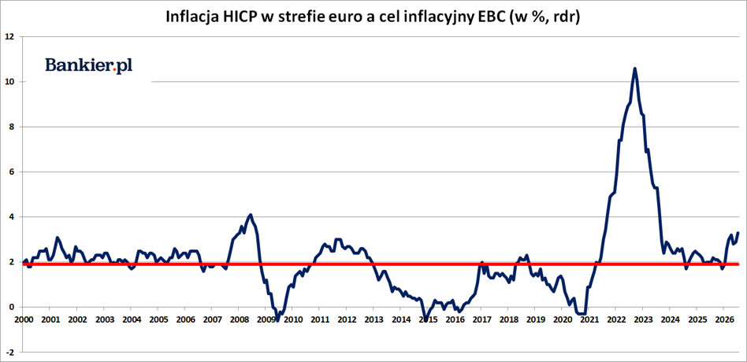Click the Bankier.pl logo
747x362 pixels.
tap(89, 66)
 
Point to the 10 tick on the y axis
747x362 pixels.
tap(10, 82)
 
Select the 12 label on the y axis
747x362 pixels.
tap(10, 37)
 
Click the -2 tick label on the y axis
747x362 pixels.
tap(10, 353)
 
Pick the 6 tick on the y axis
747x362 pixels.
tap(13, 172)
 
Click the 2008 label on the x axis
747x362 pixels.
tap(239, 319)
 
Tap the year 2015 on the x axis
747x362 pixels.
tap(427, 319)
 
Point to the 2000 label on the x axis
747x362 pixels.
tap(24, 319)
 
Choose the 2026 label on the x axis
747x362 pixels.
tap(723, 319)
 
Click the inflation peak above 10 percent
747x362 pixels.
tap(634, 68)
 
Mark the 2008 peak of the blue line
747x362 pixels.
tap(251, 215)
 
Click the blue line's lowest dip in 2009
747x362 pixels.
tap(277, 320)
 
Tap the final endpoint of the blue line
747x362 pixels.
tap(738, 233)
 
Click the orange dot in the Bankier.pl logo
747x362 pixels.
tap(114, 72)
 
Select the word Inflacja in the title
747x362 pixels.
tap(188, 17)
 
